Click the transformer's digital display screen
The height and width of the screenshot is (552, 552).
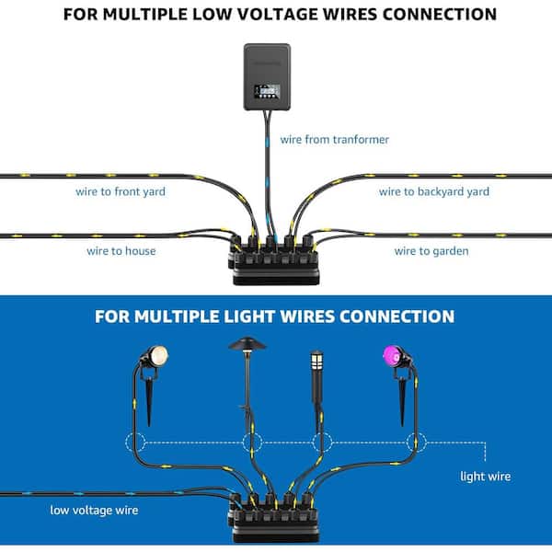[267, 91]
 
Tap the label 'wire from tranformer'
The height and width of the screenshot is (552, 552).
[335, 140]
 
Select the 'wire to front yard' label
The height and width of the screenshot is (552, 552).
[121, 191]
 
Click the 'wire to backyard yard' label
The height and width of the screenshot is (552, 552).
[434, 191]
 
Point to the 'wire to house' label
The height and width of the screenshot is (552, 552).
[121, 251]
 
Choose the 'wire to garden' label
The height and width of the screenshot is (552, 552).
[431, 251]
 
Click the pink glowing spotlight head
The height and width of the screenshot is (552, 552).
[392, 356]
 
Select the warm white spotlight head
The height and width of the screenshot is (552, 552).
[158, 355]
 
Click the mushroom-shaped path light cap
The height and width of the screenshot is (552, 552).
[247, 343]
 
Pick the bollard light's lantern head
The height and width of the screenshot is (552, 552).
[316, 360]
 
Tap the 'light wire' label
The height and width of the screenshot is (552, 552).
[486, 477]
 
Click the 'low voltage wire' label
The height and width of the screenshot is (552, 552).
[94, 510]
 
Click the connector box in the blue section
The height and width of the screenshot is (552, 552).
[274, 518]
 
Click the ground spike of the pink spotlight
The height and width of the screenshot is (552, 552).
[402, 401]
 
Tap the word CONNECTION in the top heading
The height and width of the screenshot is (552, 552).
[440, 15]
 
